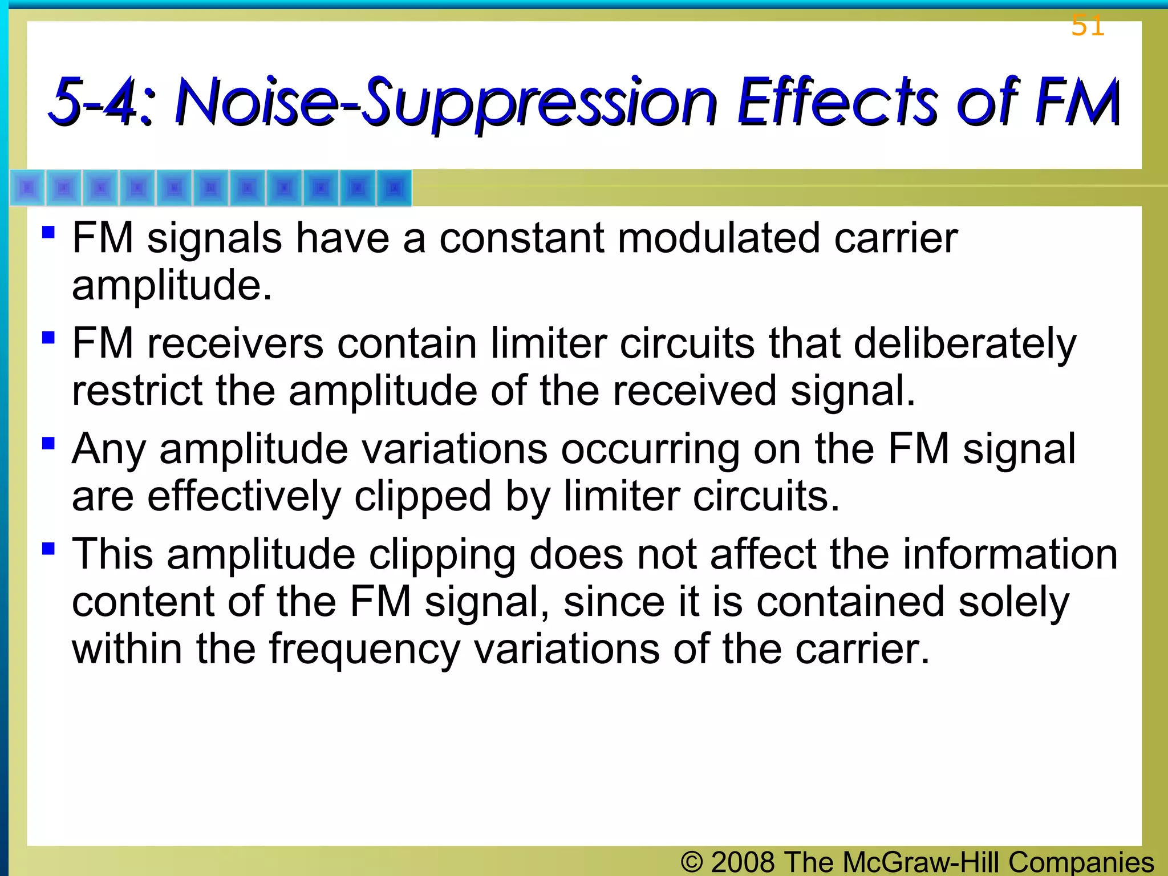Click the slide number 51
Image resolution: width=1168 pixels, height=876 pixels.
click(x=1088, y=26)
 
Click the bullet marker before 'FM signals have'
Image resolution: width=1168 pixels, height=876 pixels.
click(x=48, y=233)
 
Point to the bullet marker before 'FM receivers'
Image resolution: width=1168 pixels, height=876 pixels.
click(x=48, y=338)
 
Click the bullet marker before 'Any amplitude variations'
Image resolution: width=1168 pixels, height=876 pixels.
click(x=48, y=443)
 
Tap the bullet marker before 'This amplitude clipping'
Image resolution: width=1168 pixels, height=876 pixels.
click(x=48, y=549)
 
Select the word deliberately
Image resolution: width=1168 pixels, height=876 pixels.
click(x=965, y=344)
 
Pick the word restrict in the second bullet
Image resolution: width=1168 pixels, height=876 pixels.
click(x=137, y=391)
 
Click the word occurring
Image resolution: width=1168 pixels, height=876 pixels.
click(x=650, y=449)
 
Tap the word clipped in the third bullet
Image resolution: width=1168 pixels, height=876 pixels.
click(x=423, y=496)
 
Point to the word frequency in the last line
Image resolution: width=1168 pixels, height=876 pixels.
click(x=364, y=650)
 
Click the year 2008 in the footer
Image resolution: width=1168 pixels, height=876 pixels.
click(x=743, y=862)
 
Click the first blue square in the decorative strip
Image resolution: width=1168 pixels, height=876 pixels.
click(x=27, y=188)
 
